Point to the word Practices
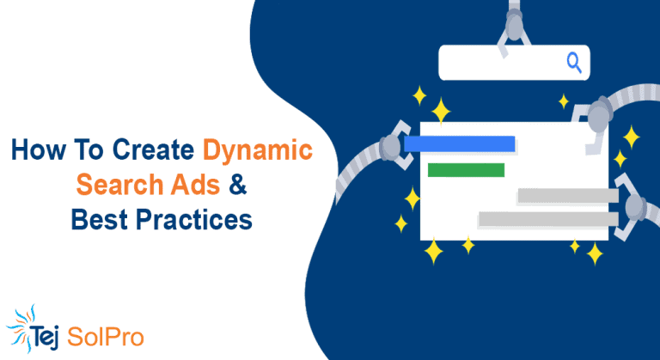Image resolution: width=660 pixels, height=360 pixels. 192,219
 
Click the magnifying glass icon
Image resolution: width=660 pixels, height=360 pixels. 574,61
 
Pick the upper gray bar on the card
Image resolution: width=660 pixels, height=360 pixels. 567,196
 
